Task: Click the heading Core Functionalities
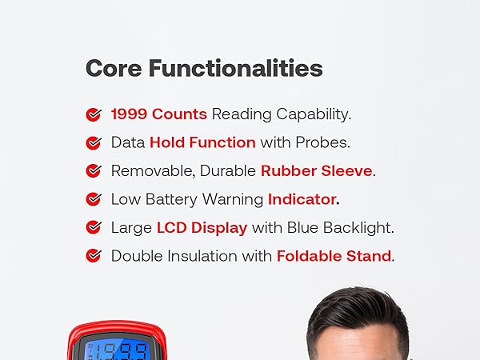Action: click(204, 68)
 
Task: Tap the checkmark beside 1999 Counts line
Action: click(94, 114)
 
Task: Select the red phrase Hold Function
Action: click(202, 142)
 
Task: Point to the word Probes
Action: click(324, 142)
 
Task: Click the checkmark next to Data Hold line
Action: click(94, 143)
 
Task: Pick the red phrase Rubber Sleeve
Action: click(317, 170)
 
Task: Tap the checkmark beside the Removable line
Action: click(94, 171)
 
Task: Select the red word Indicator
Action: click(303, 199)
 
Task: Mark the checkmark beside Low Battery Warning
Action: click(94, 199)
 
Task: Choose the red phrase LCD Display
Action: click(202, 227)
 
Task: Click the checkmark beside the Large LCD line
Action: click(94, 228)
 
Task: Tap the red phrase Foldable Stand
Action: click(334, 256)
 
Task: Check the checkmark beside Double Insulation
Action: click(94, 256)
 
